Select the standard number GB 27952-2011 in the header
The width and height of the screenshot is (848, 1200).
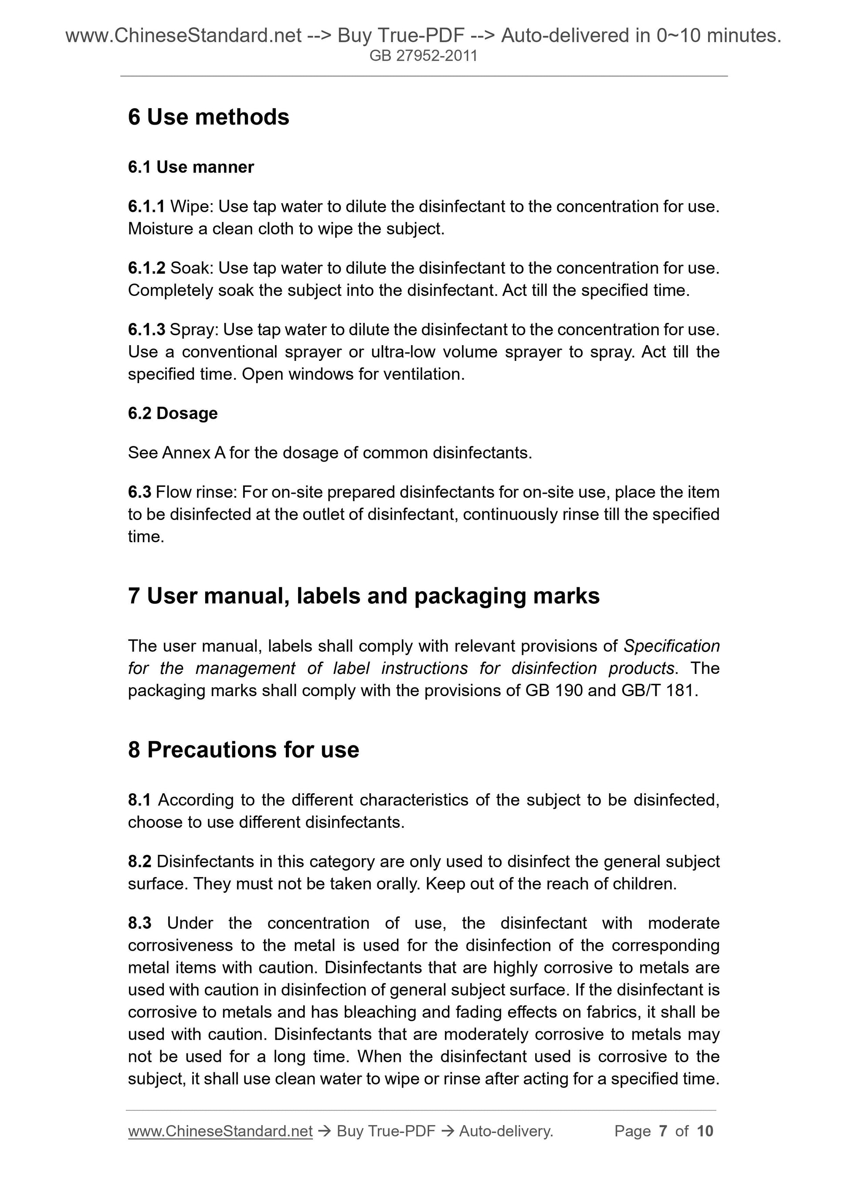pyautogui.click(x=423, y=56)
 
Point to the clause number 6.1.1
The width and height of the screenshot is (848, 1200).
pyautogui.click(x=146, y=207)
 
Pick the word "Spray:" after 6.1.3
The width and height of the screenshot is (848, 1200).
pyautogui.click(x=194, y=330)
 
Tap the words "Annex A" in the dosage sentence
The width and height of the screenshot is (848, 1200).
pyautogui.click(x=194, y=452)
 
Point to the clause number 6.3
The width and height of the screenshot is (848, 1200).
pyautogui.click(x=139, y=492)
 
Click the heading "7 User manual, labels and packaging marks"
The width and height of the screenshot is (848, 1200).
pyautogui.click(x=364, y=596)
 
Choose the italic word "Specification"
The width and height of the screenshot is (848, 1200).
pyautogui.click(x=672, y=646)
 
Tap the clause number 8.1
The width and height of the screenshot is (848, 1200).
pyautogui.click(x=139, y=800)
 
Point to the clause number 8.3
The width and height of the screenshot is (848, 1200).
pyautogui.click(x=139, y=923)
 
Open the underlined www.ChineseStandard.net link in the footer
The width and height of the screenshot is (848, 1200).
pyautogui.click(x=220, y=1131)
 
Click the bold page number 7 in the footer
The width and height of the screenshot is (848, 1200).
pyautogui.click(x=663, y=1131)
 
